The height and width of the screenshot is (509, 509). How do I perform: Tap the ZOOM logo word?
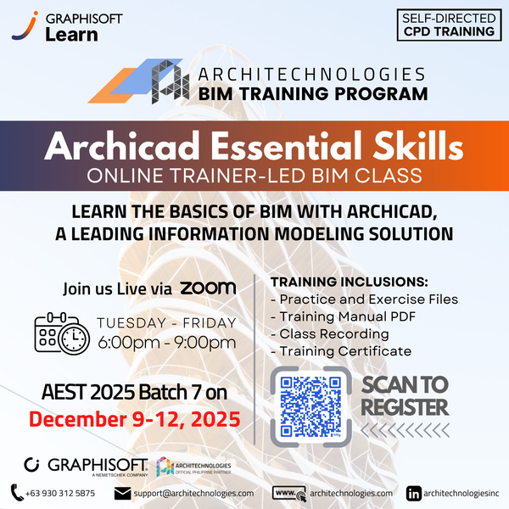click(209, 288)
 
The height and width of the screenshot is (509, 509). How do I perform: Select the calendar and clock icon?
click(62, 333)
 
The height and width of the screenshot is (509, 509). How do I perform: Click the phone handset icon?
click(17, 492)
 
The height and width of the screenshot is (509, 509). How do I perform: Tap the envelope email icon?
click(123, 492)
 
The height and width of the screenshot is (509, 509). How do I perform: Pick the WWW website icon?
click(288, 492)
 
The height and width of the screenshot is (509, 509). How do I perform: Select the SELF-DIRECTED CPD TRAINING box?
click(448, 25)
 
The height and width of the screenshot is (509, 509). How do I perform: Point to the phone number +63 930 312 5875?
click(59, 493)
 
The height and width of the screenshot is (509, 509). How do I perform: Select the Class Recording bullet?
click(329, 333)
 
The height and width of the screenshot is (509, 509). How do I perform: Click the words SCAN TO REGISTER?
click(404, 395)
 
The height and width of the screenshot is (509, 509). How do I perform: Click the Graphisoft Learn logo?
click(56, 26)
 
